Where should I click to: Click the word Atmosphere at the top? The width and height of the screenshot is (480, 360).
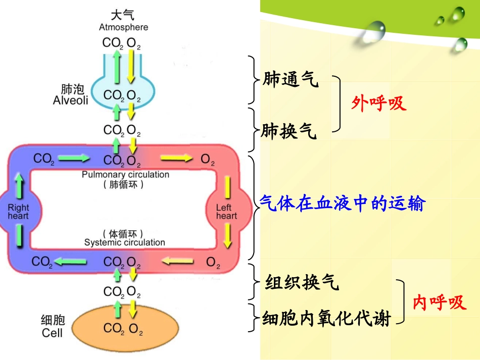tap(123, 27)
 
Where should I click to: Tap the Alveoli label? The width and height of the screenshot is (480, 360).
tap(70, 100)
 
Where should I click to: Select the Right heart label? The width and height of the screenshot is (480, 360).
tap(18, 212)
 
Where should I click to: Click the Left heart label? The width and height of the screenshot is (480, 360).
tap(226, 212)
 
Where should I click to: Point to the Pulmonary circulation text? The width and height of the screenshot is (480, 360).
tap(125, 175)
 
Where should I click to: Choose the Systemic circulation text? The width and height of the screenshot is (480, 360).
tap(124, 242)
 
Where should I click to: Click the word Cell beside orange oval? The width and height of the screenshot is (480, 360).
tap(52, 333)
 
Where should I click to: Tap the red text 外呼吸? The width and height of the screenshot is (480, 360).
tap(379, 104)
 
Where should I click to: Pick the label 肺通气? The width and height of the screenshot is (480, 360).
tap(291, 79)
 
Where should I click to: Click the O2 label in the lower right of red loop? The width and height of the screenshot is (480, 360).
tap(214, 263)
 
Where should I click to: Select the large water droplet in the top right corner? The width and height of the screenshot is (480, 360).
tap(374, 31)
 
